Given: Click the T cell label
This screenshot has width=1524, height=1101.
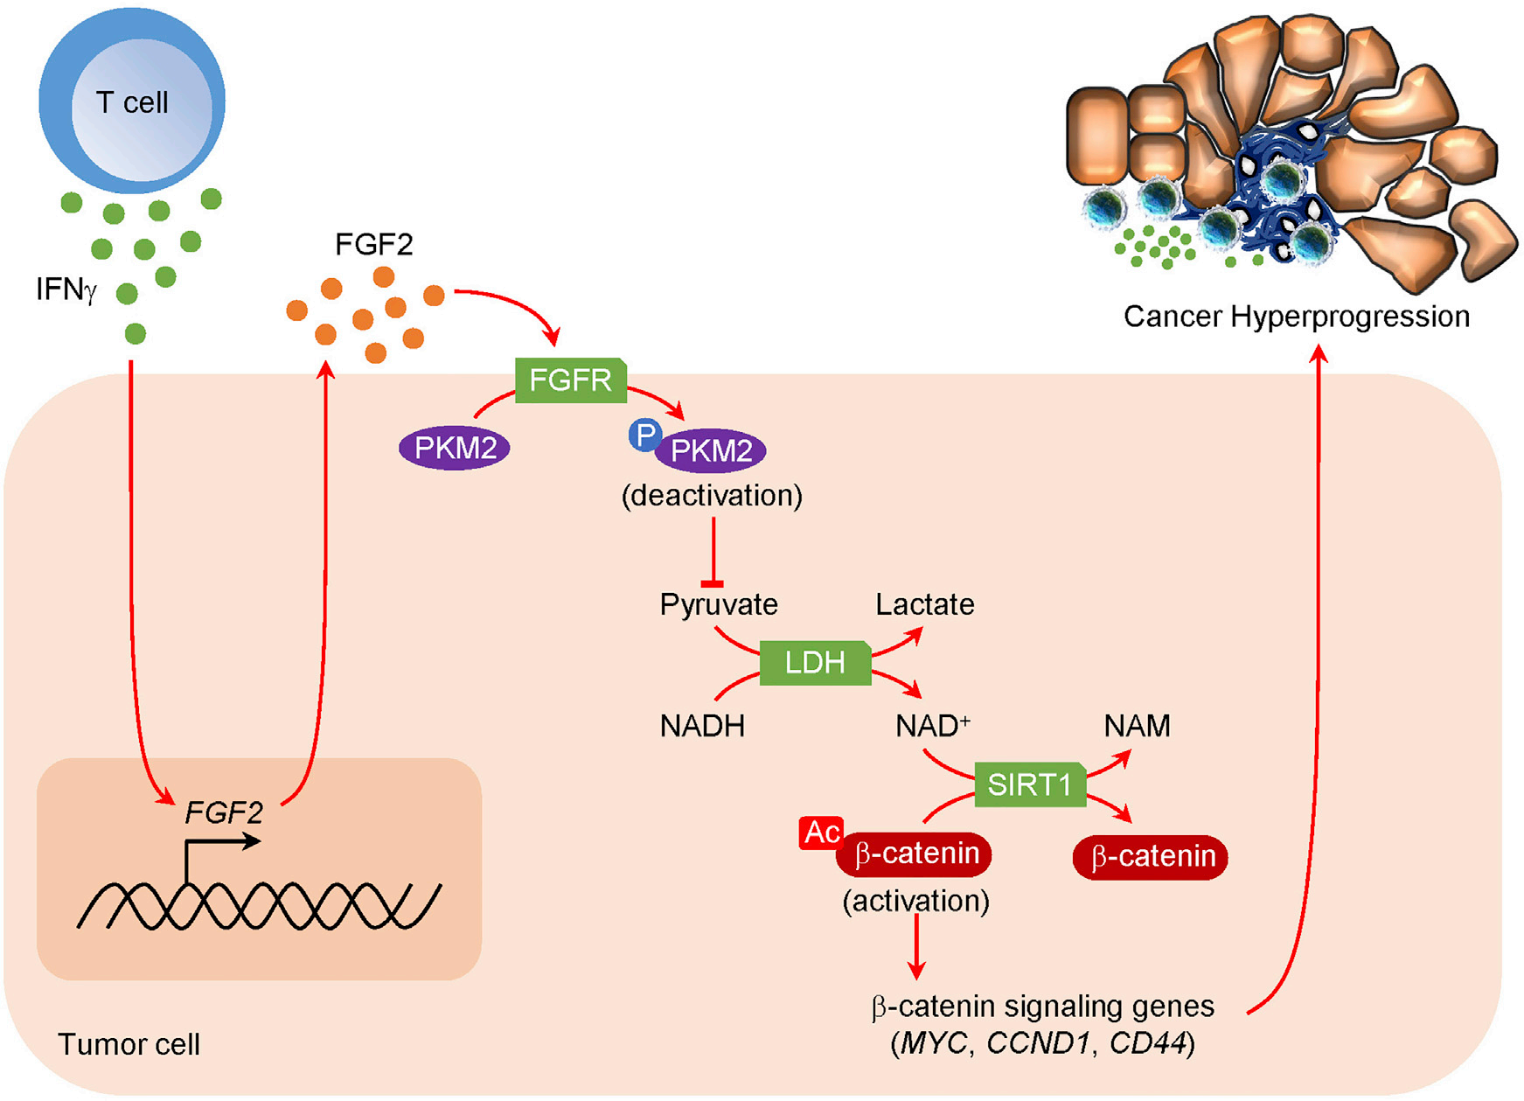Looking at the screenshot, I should pyautogui.click(x=132, y=102).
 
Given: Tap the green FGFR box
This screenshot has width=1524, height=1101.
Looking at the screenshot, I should pyautogui.click(x=570, y=380).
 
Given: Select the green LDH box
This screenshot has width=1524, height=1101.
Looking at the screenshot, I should pyautogui.click(x=815, y=663).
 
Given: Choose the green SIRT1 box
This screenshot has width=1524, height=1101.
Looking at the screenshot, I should pyautogui.click(x=1029, y=784).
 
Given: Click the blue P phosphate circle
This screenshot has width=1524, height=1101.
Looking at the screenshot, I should pyautogui.click(x=645, y=435).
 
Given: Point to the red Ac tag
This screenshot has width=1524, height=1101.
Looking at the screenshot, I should pyautogui.click(x=821, y=833).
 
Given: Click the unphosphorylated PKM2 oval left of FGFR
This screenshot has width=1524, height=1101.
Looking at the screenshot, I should pyautogui.click(x=455, y=448).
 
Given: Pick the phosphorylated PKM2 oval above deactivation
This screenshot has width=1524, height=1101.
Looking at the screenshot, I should pyautogui.click(x=711, y=451).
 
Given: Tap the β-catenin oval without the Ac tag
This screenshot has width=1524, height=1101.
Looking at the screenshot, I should pyautogui.click(x=1151, y=856).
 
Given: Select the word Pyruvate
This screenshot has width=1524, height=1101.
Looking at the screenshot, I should pyautogui.click(x=719, y=604).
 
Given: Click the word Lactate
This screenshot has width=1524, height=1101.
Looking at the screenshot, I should pyautogui.click(x=925, y=604).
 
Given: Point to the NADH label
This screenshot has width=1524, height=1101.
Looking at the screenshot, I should pyautogui.click(x=702, y=726).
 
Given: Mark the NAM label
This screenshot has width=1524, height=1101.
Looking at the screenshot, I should pyautogui.click(x=1137, y=726).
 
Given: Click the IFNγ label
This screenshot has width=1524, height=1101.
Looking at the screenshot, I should pyautogui.click(x=66, y=289).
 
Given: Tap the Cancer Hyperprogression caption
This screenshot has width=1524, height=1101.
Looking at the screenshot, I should pyautogui.click(x=1296, y=317).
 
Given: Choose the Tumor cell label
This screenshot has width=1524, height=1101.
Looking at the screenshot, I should pyautogui.click(x=129, y=1044).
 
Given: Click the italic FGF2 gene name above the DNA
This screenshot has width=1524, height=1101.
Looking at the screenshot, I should pyautogui.click(x=224, y=813).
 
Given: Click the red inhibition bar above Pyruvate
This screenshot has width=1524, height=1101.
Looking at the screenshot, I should pyautogui.click(x=713, y=583).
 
